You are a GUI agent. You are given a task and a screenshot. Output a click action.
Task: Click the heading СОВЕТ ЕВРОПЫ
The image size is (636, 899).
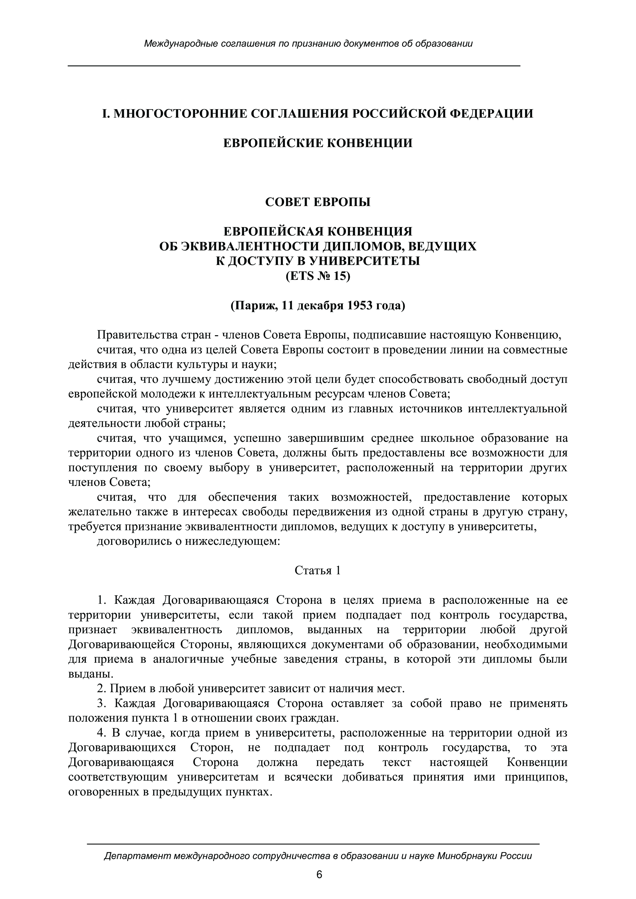(318, 202)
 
